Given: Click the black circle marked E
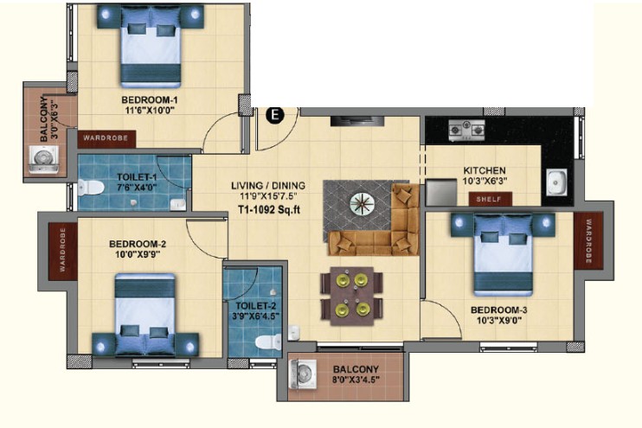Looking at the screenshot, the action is tap(275, 115).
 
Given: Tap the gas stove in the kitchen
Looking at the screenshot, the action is tap(466, 130).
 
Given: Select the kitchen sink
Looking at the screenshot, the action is tap(556, 182).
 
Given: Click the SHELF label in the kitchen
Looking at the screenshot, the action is tap(490, 199).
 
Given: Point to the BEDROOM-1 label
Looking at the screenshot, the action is tap(150, 99).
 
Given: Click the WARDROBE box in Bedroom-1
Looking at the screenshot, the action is tap(106, 138).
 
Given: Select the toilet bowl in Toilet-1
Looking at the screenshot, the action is tap(91, 188).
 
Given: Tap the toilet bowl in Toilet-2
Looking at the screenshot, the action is tap(268, 342).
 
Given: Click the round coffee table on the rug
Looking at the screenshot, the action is tap(362, 203).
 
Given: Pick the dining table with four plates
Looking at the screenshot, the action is tap(352, 296).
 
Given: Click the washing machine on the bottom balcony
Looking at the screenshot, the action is tap(303, 374).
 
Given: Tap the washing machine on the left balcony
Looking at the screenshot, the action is tap(43, 161).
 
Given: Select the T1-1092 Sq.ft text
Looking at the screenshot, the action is tap(269, 210).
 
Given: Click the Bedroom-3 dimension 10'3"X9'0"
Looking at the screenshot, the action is tap(499, 320).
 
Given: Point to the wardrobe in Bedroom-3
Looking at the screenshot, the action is tap(588, 240).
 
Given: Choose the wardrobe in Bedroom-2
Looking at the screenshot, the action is tap(63, 252).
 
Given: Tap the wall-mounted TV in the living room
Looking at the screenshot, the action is tap(357, 121).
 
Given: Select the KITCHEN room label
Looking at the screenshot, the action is tap(485, 170).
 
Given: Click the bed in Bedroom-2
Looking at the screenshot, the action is tap(145, 314).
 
